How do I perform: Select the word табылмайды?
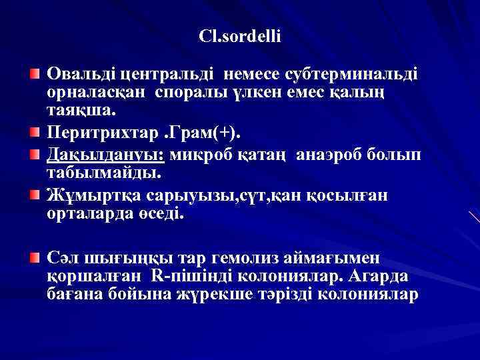coord(104,173)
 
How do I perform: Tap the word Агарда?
coord(383,276)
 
